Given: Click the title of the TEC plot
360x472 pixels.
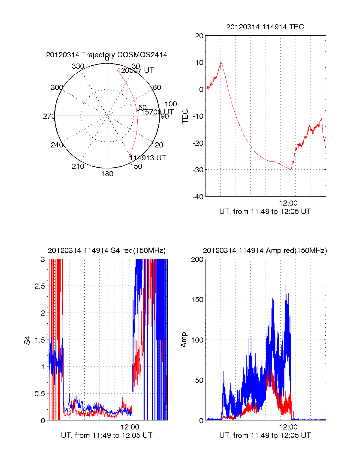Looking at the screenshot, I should pos(265,27).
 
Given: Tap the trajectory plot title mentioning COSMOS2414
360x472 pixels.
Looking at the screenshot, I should pos(106,55).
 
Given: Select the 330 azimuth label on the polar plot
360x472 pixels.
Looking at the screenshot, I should pos(78,66).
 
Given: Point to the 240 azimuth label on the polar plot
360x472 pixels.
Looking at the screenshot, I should pos(57,145).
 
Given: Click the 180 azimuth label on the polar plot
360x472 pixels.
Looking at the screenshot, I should pos(107,174).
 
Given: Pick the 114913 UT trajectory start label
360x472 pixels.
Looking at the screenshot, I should pos(148,158).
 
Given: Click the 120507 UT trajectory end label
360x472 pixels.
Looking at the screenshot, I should pos(135,70).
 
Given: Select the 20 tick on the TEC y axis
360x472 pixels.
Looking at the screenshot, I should pos(199,36).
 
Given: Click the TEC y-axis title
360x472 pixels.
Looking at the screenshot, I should pos(185,116).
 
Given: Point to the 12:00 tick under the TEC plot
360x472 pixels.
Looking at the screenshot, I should pos(288,203).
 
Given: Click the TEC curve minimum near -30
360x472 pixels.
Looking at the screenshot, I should pos(290,169).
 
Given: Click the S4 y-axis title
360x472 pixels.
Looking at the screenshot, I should pos(27,340).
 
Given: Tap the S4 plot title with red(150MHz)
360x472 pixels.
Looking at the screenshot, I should pos(106,251).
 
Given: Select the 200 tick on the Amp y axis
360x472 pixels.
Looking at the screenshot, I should pos(197,260).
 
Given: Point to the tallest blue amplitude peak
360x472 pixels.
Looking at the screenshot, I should pos(286,285).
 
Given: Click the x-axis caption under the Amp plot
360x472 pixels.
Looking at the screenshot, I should pos(265,435).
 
